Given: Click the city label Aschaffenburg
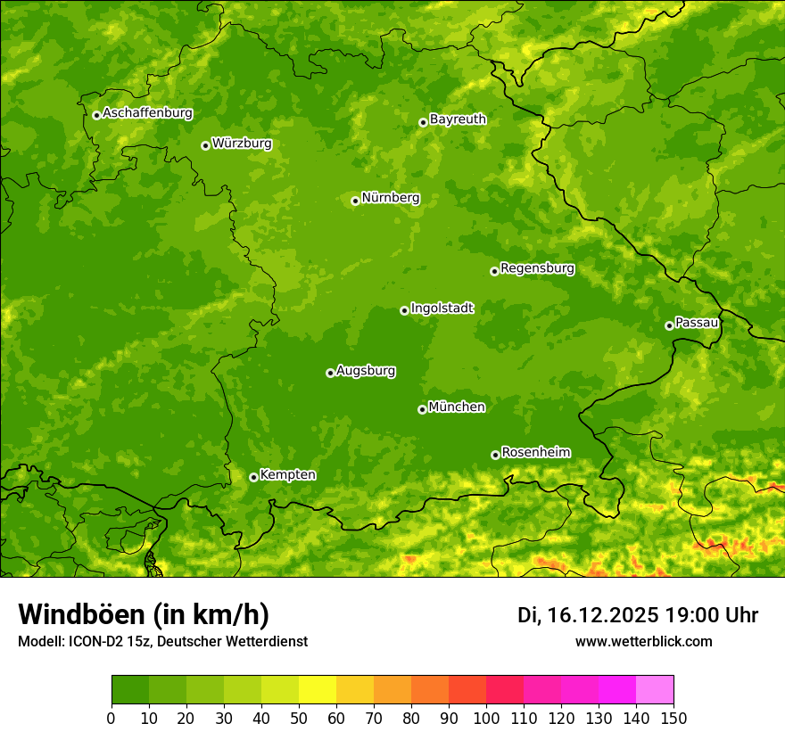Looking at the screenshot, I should (147, 113).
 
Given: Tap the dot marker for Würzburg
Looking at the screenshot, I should (205, 145).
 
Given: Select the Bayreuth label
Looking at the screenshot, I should (458, 119).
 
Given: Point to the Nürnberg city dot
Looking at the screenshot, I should (355, 201).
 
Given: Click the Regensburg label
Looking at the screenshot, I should (537, 267).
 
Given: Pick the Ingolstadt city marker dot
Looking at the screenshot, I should (404, 310).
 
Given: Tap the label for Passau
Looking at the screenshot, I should (697, 322).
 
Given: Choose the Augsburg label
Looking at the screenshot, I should (366, 370).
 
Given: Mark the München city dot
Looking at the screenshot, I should (422, 409).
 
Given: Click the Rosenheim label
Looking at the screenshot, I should (536, 452).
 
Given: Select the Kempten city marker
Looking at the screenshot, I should (253, 477).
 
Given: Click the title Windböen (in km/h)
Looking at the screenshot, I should (143, 614).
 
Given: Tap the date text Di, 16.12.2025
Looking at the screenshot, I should (588, 615).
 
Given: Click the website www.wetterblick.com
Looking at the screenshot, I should (643, 641).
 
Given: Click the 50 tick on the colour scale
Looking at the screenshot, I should (299, 718).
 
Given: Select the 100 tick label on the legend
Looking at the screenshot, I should (486, 718).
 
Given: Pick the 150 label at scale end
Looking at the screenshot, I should (673, 718).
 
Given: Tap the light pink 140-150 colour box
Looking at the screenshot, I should (655, 690).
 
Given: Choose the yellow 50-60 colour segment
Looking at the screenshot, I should (318, 690).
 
